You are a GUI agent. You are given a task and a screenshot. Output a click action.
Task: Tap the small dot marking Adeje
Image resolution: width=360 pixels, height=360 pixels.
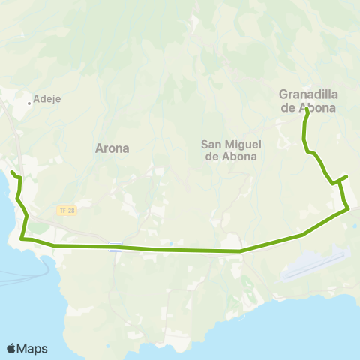[x=30, y=103]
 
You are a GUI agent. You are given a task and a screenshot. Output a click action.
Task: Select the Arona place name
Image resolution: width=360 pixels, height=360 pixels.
[x=112, y=148]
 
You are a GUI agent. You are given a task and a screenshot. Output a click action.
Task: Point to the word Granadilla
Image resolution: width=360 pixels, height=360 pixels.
[x=307, y=94]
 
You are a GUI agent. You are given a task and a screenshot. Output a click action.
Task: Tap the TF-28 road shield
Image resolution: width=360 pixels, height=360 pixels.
[x=66, y=211]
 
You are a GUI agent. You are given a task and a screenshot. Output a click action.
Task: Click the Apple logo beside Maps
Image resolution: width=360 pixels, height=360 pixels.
[x=12, y=348]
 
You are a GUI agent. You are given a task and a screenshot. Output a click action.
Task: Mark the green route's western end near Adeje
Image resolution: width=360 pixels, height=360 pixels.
[x=11, y=173]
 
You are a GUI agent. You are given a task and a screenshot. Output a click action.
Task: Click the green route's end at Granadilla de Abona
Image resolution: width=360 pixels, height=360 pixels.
[x=307, y=110]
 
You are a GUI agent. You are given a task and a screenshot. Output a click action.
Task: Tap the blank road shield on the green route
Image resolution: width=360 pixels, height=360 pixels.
[x=115, y=245]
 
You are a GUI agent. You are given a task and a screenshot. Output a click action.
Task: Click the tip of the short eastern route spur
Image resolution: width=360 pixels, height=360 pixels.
[x=346, y=177]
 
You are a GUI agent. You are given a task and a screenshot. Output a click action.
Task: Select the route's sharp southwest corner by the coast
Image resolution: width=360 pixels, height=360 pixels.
[x=22, y=238]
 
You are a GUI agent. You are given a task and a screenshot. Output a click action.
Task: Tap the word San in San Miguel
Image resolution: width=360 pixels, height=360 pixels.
[x=211, y=144]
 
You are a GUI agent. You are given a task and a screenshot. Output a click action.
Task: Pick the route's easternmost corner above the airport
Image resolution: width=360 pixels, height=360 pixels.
[x=348, y=210]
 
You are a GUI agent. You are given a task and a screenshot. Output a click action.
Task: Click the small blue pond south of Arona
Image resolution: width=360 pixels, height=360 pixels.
[x=171, y=243]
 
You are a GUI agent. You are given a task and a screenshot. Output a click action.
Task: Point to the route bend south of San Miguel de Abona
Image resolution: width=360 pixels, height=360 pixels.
[x=240, y=251]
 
